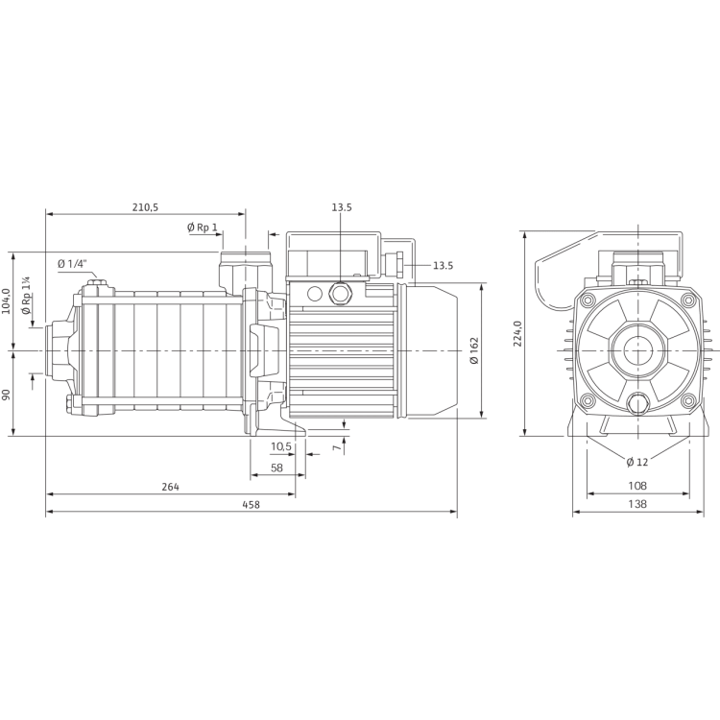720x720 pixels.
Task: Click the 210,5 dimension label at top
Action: pos(144,206)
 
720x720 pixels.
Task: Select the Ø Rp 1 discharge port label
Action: pos(203,228)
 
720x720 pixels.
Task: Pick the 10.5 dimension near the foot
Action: pos(279,447)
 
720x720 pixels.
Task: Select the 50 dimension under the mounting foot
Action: pos(276,467)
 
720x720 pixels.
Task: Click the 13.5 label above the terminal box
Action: pos(342,206)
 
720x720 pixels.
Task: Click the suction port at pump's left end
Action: pos(55,351)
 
